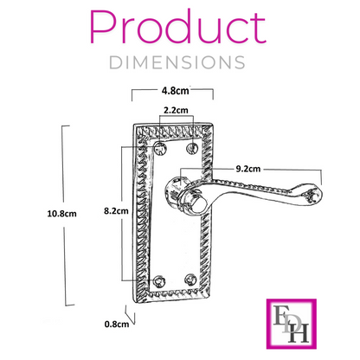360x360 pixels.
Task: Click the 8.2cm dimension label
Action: [x=115, y=210]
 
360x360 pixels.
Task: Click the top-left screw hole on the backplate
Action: [x=159, y=151]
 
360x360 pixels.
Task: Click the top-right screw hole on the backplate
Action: [x=192, y=151]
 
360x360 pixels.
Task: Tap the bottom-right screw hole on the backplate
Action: [x=192, y=281]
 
